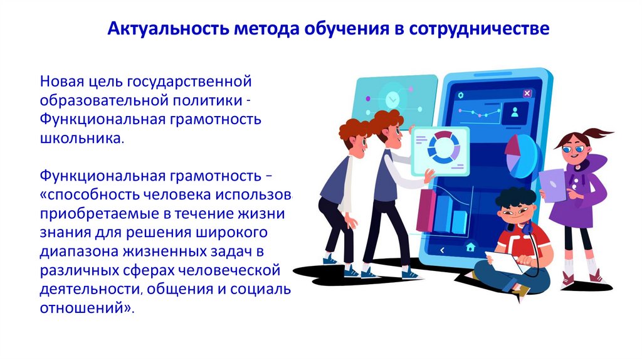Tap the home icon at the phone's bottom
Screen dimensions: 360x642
[x=470, y=248]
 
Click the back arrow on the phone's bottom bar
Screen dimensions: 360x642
[x=441, y=249]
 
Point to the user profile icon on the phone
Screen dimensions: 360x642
[x=515, y=113]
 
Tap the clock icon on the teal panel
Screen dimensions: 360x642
[x=393, y=98]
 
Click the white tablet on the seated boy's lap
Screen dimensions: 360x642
[x=503, y=262]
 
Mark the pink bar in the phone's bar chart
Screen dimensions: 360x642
[x=426, y=209]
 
